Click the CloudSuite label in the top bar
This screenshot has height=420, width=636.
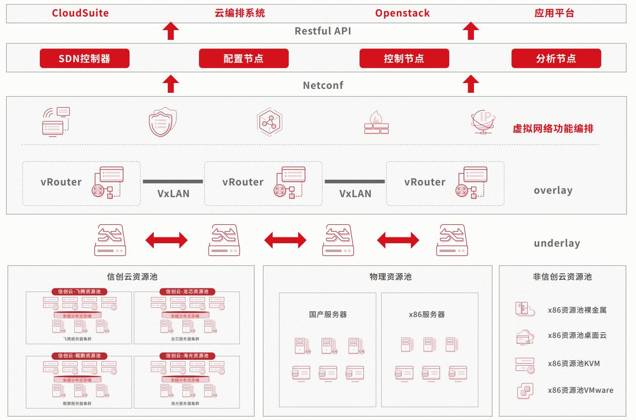pyautogui.click(x=81, y=13)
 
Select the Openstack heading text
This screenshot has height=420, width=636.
pyautogui.click(x=402, y=13)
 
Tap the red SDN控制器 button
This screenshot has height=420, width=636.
pyautogui.click(x=84, y=58)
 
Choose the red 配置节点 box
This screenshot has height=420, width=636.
pyautogui.click(x=244, y=58)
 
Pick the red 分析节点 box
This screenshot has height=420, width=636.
pyautogui.click(x=556, y=58)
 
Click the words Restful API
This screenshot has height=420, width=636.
pyautogui.click(x=323, y=31)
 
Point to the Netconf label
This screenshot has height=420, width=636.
pyautogui.click(x=323, y=85)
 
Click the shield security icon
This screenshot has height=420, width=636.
pyautogui.click(x=162, y=122)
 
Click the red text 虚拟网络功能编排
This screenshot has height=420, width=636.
pyautogui.click(x=553, y=129)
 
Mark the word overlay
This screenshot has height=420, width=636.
pyautogui.click(x=553, y=190)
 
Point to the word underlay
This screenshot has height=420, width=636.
pyautogui.click(x=556, y=243)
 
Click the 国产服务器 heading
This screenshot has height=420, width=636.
pyautogui.click(x=328, y=314)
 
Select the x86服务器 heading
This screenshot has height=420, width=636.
pyautogui.click(x=427, y=314)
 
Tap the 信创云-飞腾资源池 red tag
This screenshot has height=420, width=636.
pyautogui.click(x=80, y=291)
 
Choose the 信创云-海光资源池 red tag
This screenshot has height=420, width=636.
pyautogui.click(x=187, y=355)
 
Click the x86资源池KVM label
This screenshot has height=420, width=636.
pyautogui.click(x=573, y=363)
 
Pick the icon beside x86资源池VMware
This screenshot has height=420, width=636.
pyautogui.click(x=524, y=390)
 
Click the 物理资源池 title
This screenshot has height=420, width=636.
pyautogui.click(x=390, y=277)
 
